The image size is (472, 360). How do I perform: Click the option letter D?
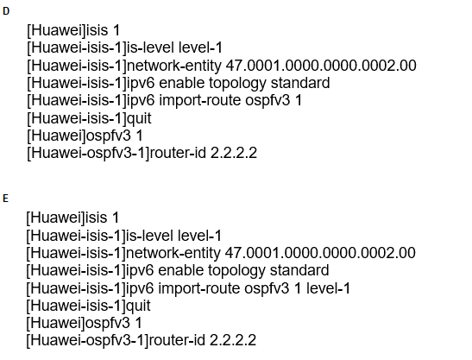[x=6, y=11]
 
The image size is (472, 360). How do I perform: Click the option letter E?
[x=5, y=199]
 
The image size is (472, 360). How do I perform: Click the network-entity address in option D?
[x=321, y=66]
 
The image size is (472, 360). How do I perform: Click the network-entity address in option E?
[x=320, y=253]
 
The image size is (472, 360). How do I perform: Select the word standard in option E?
[x=299, y=270]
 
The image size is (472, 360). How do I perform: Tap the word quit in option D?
[x=139, y=118]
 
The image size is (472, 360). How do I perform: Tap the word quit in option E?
[x=138, y=306]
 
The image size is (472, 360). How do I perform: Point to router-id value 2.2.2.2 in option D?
[x=234, y=153]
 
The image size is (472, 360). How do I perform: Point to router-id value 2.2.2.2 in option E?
[x=233, y=340]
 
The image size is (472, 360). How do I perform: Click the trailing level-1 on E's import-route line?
[x=328, y=288]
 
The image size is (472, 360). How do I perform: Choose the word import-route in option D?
[x=200, y=101]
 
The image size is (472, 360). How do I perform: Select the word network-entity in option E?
[x=173, y=253]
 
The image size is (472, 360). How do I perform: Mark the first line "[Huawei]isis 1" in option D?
[x=73, y=30]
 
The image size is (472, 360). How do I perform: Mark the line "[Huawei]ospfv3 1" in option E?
[x=84, y=323]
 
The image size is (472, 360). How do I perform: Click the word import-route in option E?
[x=199, y=288]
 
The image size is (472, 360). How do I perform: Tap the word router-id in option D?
[x=178, y=153]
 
